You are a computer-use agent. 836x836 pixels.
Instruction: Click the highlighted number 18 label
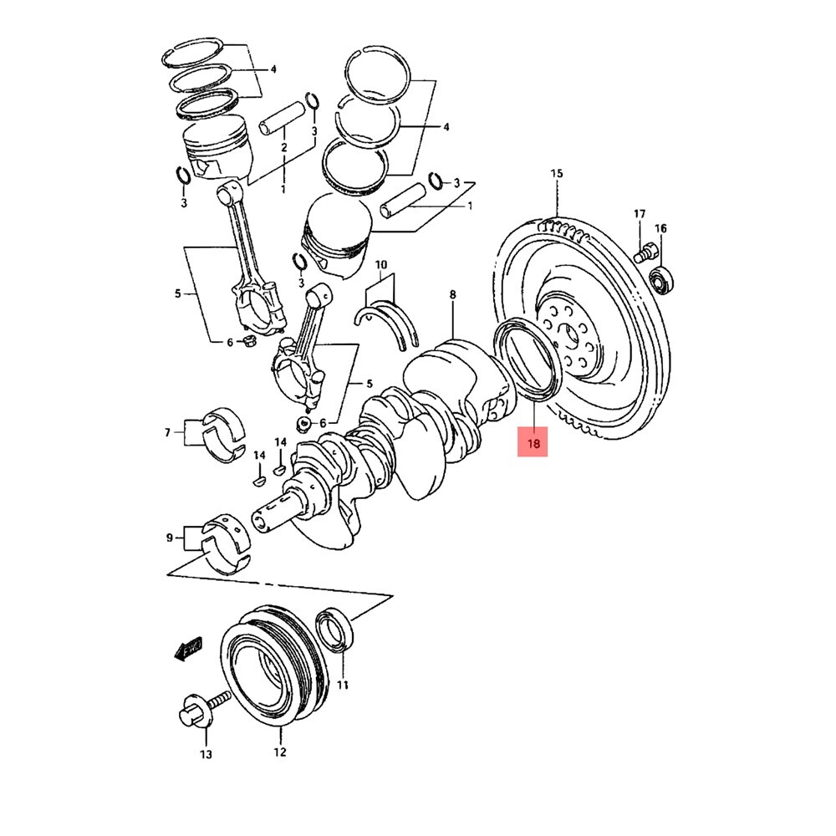533,441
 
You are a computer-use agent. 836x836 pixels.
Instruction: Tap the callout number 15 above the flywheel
557,174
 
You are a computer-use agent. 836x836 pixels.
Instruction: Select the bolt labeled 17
646,251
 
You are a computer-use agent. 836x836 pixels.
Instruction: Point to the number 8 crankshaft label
452,294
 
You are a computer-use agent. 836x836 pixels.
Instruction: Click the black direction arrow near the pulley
188,649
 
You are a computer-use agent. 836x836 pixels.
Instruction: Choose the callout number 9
170,539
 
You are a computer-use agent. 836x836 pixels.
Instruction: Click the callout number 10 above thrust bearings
381,266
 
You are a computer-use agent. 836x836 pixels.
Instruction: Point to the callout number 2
283,148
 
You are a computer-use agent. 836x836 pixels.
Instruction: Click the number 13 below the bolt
206,755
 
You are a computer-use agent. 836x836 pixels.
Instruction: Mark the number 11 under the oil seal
342,686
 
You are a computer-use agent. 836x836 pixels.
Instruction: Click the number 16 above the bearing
660,228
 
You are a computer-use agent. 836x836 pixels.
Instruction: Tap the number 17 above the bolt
640,215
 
